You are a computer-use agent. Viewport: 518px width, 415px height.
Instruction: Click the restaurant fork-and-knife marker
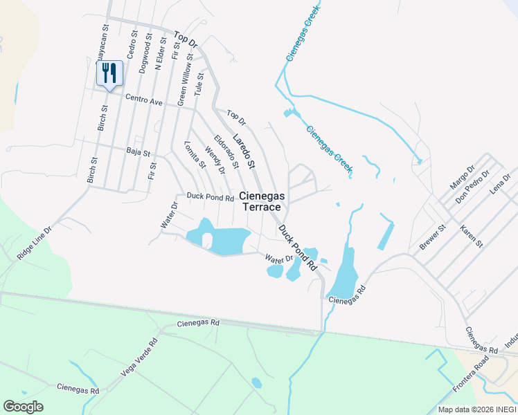(x=109, y=73)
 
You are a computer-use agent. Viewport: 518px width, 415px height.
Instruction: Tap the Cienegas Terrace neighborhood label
(x=262, y=201)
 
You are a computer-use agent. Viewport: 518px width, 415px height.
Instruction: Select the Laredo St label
(x=244, y=150)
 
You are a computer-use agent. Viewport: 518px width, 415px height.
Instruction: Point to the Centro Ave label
(x=143, y=101)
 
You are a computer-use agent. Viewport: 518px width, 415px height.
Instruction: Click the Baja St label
(x=139, y=151)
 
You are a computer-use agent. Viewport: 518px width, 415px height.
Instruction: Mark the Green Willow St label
(x=184, y=85)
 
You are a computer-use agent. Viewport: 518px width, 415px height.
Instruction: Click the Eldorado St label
(x=226, y=151)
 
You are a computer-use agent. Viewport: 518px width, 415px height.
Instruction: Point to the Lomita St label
(x=196, y=154)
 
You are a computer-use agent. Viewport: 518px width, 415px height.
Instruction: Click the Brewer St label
(x=432, y=236)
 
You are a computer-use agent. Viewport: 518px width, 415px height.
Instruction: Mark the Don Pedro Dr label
(x=472, y=187)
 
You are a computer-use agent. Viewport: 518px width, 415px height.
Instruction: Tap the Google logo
(x=23, y=407)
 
